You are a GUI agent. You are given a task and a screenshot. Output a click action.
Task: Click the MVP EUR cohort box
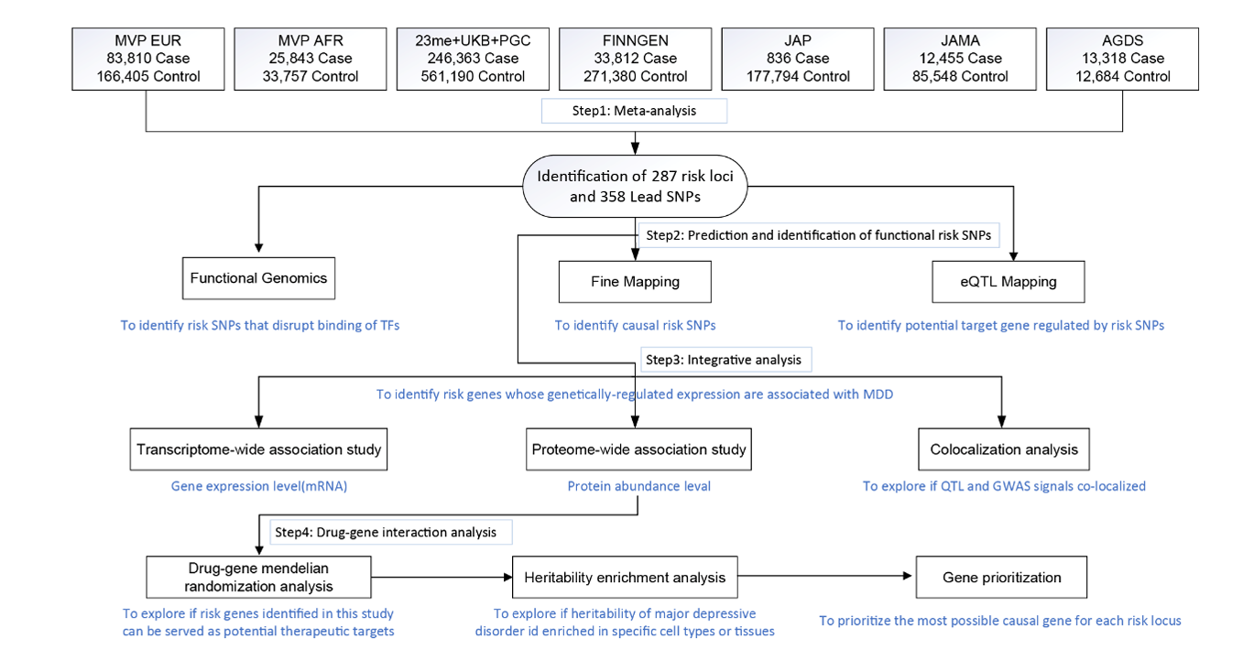(x=148, y=59)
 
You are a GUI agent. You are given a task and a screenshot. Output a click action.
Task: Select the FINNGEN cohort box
(x=636, y=59)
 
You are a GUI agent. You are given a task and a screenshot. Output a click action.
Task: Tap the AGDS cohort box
(x=1123, y=59)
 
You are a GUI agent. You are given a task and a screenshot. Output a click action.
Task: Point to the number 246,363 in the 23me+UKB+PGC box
(x=448, y=59)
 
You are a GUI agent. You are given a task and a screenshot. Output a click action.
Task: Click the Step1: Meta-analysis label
(x=634, y=111)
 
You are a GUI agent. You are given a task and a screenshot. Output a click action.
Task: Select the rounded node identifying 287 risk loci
(x=636, y=187)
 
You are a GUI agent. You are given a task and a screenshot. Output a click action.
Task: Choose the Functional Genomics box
(x=258, y=278)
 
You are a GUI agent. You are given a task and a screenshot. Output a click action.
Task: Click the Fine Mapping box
(x=636, y=282)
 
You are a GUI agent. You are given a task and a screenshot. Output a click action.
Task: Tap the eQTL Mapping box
(x=1009, y=282)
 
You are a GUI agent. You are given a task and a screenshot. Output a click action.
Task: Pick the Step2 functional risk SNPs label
(x=819, y=235)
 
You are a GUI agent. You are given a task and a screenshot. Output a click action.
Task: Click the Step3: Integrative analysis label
(x=725, y=360)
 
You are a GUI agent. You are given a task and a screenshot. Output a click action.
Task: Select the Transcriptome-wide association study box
(x=258, y=449)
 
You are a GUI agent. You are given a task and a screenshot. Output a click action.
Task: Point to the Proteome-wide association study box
(x=638, y=449)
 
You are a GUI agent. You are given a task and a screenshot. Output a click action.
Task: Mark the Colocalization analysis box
(x=1004, y=449)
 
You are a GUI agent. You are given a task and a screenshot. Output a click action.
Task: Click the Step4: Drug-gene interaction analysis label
(x=390, y=533)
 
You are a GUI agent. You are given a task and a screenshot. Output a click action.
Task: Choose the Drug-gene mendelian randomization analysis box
(x=258, y=578)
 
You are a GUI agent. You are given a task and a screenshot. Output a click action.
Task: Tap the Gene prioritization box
(x=1001, y=578)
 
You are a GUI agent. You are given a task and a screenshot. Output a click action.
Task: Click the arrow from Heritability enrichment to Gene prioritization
(x=825, y=577)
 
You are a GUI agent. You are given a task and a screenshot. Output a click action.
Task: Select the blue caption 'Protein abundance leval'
(x=638, y=486)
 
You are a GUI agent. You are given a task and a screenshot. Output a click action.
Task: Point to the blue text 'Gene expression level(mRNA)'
(x=258, y=486)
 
